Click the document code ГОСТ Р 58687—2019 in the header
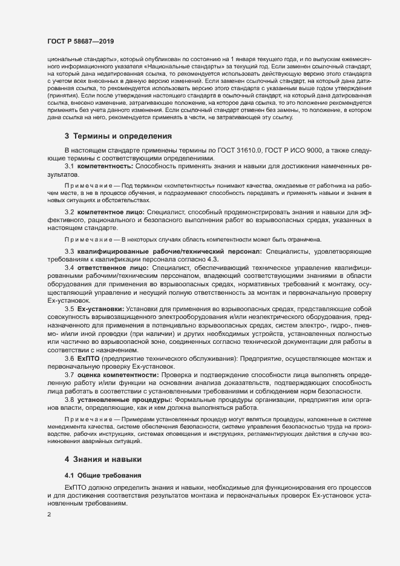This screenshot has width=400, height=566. click(x=80, y=41)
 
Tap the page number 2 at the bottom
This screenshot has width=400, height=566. click(x=49, y=515)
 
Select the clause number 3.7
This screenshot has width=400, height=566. click(x=69, y=375)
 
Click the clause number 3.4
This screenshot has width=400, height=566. click(x=69, y=266)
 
